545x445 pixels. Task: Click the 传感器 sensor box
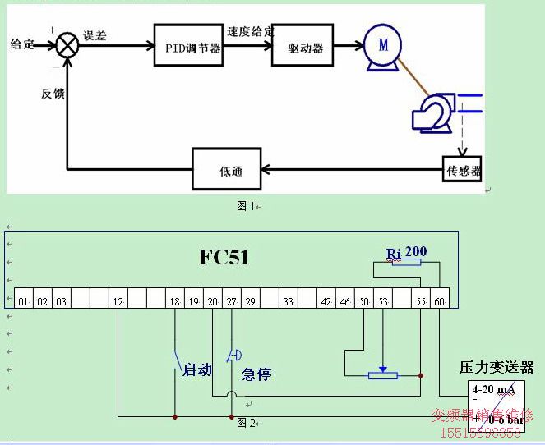(462, 170)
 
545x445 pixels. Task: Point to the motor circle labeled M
(383, 46)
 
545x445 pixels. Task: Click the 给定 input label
(21, 43)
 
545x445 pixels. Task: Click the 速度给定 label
(251, 31)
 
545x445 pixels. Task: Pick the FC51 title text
(224, 257)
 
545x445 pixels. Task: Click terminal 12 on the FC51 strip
(118, 301)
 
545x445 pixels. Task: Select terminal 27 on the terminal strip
(232, 301)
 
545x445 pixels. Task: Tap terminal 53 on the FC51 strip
(382, 301)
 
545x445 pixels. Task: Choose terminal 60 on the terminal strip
(440, 301)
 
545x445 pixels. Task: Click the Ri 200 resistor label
(407, 252)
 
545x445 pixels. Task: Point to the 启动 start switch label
(197, 370)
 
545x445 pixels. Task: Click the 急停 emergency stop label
(256, 374)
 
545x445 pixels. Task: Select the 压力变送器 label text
(496, 367)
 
